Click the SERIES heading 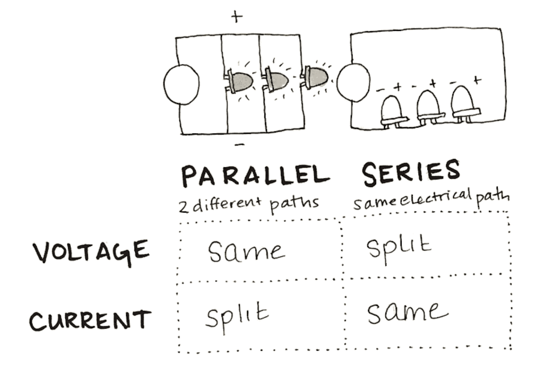point(411,172)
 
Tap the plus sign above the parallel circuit point(237,16)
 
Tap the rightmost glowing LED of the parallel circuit point(314,77)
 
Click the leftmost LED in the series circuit point(393,112)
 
